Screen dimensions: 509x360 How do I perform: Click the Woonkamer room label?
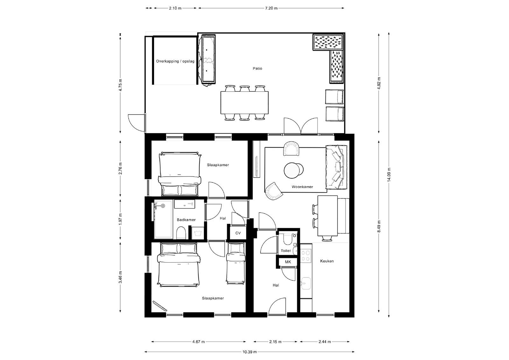(302, 187)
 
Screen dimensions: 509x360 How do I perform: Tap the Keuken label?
(327, 261)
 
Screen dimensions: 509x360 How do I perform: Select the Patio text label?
(257, 68)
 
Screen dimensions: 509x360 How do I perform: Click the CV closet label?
(238, 233)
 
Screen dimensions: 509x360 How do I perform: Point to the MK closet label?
(288, 262)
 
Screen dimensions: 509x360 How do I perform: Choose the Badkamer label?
(186, 220)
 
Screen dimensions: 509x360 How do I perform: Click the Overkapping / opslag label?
(175, 61)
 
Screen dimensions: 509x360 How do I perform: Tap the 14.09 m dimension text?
(389, 175)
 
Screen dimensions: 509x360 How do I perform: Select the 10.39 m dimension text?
(249, 352)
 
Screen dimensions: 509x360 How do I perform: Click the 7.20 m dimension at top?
(271, 8)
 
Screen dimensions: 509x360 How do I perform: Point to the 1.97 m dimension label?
(120, 219)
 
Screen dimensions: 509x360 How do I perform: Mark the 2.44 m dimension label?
(324, 342)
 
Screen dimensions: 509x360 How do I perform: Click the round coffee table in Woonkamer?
(293, 170)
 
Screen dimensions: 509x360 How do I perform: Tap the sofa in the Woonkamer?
(336, 167)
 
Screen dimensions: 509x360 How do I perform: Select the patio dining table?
(245, 102)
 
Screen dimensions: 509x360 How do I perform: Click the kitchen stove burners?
(306, 255)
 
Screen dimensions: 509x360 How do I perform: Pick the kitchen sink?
(306, 283)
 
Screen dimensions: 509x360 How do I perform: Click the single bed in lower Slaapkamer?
(236, 263)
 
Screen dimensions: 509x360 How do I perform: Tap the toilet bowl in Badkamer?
(181, 233)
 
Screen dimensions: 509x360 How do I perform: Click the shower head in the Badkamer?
(163, 206)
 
